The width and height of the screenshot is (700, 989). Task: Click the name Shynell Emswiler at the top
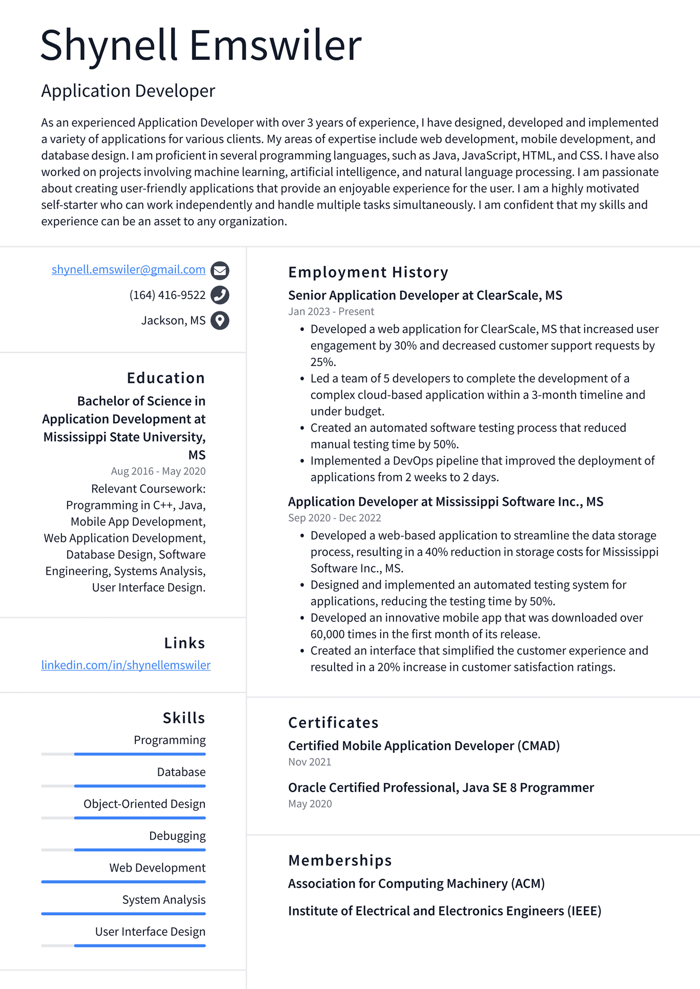(x=201, y=46)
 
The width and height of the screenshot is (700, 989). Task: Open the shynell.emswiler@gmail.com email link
(x=128, y=269)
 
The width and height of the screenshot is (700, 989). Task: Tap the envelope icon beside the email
(x=220, y=270)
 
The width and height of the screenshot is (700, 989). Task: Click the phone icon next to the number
(x=220, y=295)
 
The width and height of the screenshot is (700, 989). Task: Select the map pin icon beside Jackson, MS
(x=220, y=321)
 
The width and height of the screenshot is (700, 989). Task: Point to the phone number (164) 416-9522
(x=167, y=295)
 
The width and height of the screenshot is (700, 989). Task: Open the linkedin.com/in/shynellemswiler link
(x=126, y=665)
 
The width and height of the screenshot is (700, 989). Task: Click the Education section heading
(x=166, y=378)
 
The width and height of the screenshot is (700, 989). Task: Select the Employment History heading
(x=368, y=272)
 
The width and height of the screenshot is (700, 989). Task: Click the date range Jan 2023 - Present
(x=331, y=311)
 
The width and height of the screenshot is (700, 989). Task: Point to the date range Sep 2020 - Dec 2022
(x=334, y=518)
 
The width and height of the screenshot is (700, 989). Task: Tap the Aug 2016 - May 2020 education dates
(x=158, y=471)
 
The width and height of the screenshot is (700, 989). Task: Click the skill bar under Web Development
(x=123, y=881)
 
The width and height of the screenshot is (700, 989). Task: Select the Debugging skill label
(x=177, y=836)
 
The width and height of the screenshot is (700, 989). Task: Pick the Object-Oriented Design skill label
(x=144, y=804)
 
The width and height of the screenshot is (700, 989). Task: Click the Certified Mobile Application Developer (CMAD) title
(x=424, y=746)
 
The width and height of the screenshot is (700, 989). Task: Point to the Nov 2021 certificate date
(x=310, y=762)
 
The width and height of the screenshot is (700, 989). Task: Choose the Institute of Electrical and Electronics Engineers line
(x=444, y=911)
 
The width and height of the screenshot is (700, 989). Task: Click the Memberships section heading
(x=340, y=860)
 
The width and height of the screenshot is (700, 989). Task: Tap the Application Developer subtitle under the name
(x=128, y=91)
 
